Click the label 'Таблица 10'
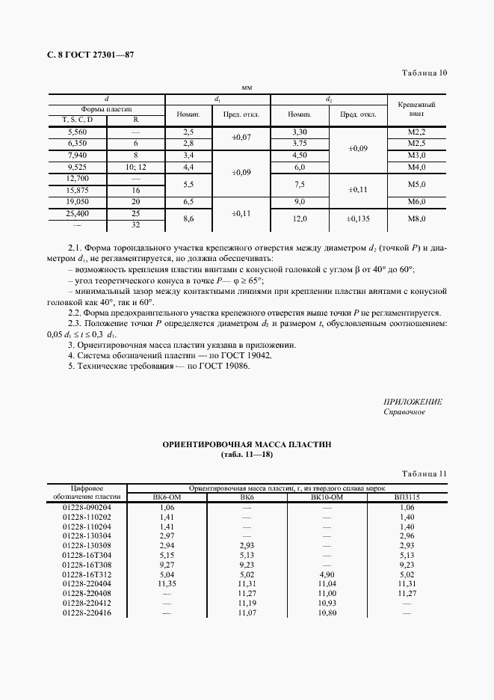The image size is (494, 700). (x=424, y=73)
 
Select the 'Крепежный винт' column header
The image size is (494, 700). (x=416, y=111)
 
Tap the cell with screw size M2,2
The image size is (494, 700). (x=417, y=132)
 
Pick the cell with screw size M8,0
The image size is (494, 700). (x=417, y=218)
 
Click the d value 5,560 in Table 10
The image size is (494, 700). (x=77, y=132)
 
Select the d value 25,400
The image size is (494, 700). (x=77, y=213)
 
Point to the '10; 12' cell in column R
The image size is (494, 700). (x=135, y=167)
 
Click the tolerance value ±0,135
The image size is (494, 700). (x=358, y=218)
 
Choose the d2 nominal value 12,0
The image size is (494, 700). (x=299, y=218)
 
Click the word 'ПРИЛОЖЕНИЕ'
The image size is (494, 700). (x=413, y=402)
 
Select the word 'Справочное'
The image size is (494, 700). (x=404, y=412)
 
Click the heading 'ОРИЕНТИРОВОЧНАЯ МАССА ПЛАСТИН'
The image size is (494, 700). (x=247, y=444)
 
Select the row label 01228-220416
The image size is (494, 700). (x=89, y=613)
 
